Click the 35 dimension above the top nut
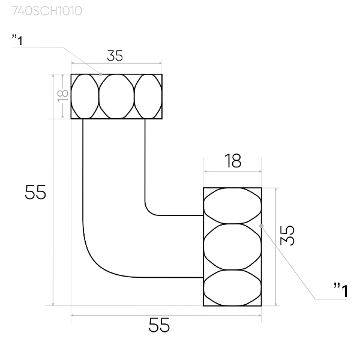tap(115, 56)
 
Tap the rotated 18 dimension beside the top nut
tap(61, 96)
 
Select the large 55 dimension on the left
tap(35, 192)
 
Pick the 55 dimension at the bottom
tap(159, 325)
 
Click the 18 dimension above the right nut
tap(233, 161)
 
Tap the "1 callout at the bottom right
tap(340, 291)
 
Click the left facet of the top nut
tap(85, 96)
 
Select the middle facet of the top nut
tap(116, 96)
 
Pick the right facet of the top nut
tap(148, 96)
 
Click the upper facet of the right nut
tap(232, 205)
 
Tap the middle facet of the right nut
tap(232, 246)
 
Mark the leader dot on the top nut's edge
tap(101, 74)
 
